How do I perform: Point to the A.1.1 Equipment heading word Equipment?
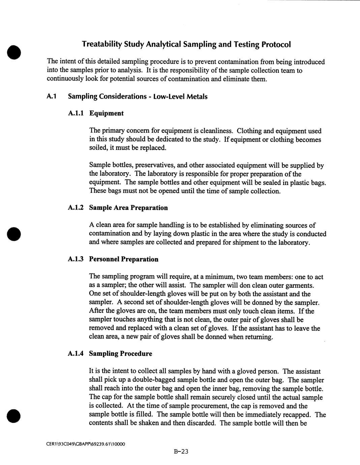(106, 113)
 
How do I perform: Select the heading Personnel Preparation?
(123, 259)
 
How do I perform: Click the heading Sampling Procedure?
(120, 353)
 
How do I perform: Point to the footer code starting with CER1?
(86, 444)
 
